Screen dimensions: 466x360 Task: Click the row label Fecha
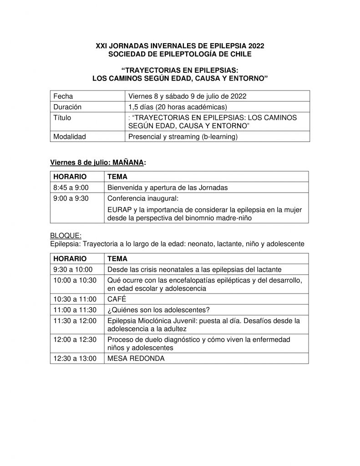pos(63,96)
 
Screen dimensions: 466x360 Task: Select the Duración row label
pos(67,107)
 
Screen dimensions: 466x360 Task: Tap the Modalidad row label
pos(70,136)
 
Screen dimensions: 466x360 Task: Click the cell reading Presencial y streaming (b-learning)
pos(183,136)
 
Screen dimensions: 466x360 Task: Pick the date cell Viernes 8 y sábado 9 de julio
pos(188,96)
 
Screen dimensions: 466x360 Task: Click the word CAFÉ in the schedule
pos(116,299)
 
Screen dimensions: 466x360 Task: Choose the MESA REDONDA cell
pos(136,359)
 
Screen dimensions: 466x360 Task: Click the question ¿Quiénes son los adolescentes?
pos(158,310)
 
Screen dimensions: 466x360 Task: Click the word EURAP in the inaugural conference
pos(119,209)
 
